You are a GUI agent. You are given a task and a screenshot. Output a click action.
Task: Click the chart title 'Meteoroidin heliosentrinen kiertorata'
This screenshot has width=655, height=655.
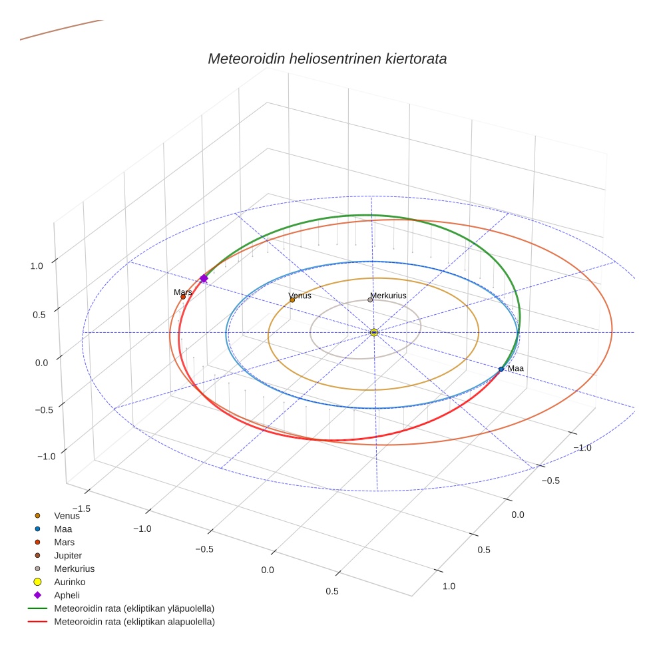(327, 59)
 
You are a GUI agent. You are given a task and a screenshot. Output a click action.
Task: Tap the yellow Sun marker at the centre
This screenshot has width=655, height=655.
(374, 332)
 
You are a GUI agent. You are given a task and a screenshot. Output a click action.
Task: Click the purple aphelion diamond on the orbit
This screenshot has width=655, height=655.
(204, 278)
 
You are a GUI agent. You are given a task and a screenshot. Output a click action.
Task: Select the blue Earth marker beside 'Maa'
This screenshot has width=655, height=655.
(501, 369)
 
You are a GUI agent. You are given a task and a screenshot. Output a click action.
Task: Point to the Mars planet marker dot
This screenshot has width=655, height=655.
(183, 297)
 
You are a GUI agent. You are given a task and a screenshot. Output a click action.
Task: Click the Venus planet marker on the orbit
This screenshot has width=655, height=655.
(292, 300)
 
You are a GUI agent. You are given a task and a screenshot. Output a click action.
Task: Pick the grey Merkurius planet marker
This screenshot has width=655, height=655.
(370, 300)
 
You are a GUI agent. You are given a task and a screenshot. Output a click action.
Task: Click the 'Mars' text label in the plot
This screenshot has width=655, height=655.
(183, 292)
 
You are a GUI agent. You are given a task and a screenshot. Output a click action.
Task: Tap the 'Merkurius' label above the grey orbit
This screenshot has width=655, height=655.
(388, 295)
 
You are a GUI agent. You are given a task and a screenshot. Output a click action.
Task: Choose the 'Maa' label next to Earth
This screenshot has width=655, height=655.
(516, 368)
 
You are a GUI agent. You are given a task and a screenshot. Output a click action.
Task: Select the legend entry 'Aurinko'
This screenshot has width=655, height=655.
(69, 582)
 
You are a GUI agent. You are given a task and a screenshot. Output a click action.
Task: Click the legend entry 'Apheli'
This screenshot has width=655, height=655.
(66, 595)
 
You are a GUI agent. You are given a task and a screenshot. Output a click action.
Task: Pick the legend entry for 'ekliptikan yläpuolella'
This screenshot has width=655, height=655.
(134, 608)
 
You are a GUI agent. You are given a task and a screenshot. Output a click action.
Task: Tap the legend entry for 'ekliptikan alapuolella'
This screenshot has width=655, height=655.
(134, 622)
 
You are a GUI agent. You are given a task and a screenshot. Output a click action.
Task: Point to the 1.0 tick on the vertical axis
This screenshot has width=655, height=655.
(37, 266)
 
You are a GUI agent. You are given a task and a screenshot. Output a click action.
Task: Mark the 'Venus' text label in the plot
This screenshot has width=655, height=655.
(300, 296)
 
